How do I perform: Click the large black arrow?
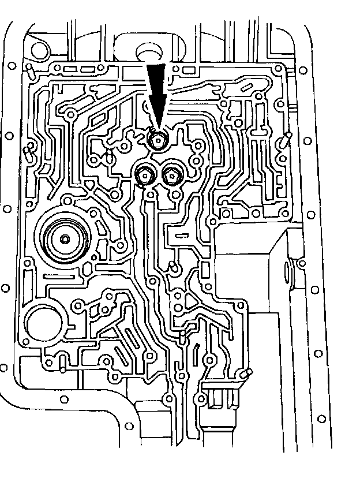[x=157, y=92]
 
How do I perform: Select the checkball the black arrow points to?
[x=156, y=140]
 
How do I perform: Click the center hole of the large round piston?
[x=65, y=239]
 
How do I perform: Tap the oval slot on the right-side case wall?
[x=287, y=271]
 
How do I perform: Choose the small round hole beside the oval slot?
[x=302, y=263]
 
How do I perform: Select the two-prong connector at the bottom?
[x=221, y=398]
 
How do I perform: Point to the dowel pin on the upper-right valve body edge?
[x=284, y=139]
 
